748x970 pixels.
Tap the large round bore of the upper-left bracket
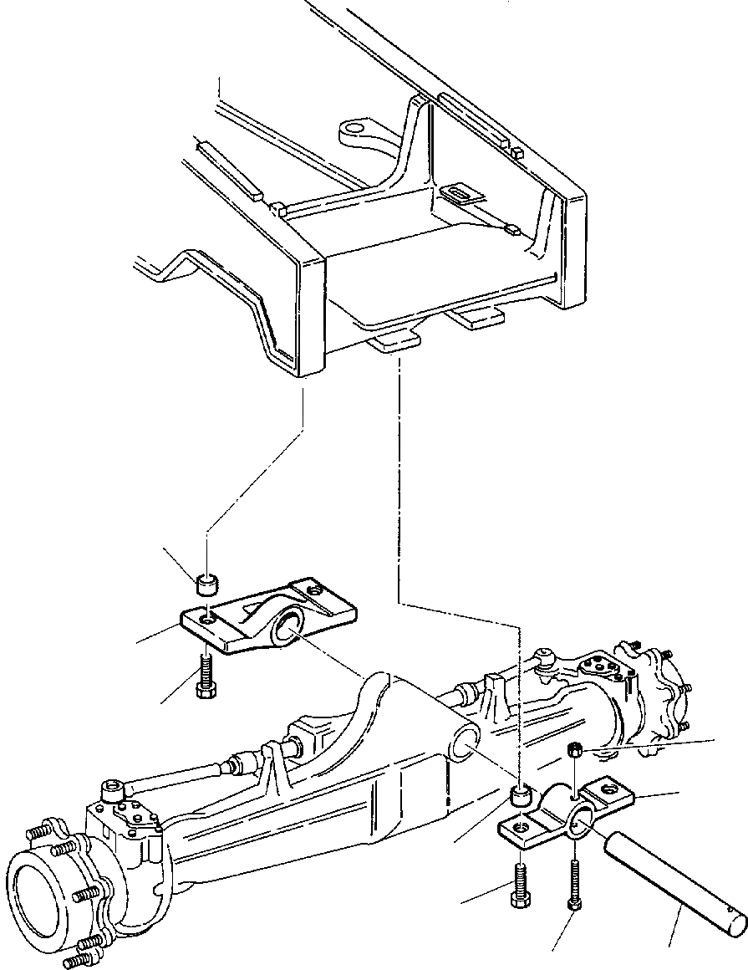coord(289,626)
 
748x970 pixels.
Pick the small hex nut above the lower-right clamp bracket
coord(574,749)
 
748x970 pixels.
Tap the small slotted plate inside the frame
coord(461,195)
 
